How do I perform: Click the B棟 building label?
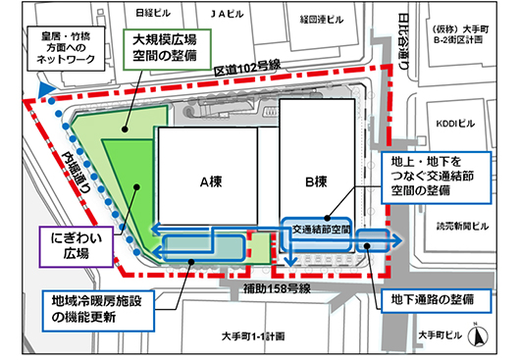pyautogui.click(x=316, y=181)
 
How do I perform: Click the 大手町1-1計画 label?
pyautogui.click(x=253, y=334)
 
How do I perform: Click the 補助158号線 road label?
pyautogui.click(x=278, y=289)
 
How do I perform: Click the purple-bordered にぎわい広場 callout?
pyautogui.click(x=69, y=245)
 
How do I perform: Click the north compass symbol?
pyautogui.click(x=478, y=336)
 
